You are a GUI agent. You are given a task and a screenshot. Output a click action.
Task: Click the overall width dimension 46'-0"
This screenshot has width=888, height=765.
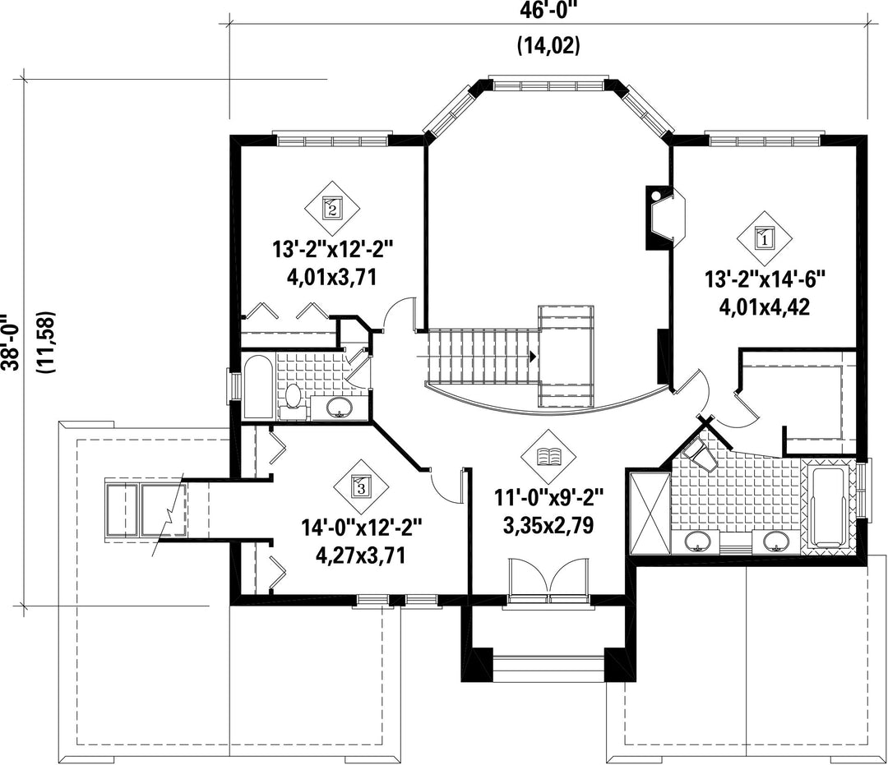tap(548, 11)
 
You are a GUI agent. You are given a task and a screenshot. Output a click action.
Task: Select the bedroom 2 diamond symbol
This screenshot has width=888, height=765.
tap(332, 208)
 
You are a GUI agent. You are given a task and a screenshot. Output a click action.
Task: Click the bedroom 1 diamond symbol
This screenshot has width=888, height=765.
tap(765, 238)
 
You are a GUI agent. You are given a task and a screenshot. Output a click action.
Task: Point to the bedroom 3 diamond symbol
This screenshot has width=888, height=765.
tap(361, 486)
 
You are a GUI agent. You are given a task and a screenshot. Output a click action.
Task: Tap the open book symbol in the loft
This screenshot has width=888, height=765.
tap(548, 456)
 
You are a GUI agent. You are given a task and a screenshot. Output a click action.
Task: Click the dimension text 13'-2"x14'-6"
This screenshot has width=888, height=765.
tap(765, 279)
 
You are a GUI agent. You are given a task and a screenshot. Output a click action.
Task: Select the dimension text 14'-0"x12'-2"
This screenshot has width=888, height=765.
tap(362, 528)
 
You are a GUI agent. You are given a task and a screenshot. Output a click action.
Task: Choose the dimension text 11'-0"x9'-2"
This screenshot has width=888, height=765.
tap(548, 499)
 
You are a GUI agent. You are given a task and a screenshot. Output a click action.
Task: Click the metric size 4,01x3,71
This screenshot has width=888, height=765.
tap(332, 277)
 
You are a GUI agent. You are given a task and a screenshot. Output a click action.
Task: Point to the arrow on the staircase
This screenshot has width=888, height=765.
tap(533, 357)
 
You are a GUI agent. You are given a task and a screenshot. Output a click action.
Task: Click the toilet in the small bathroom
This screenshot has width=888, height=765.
tap(293, 399)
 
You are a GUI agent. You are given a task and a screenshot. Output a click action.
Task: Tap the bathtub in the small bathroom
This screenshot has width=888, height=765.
tap(258, 387)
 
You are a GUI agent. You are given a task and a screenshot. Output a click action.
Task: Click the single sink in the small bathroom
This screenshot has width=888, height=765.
tap(339, 406)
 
